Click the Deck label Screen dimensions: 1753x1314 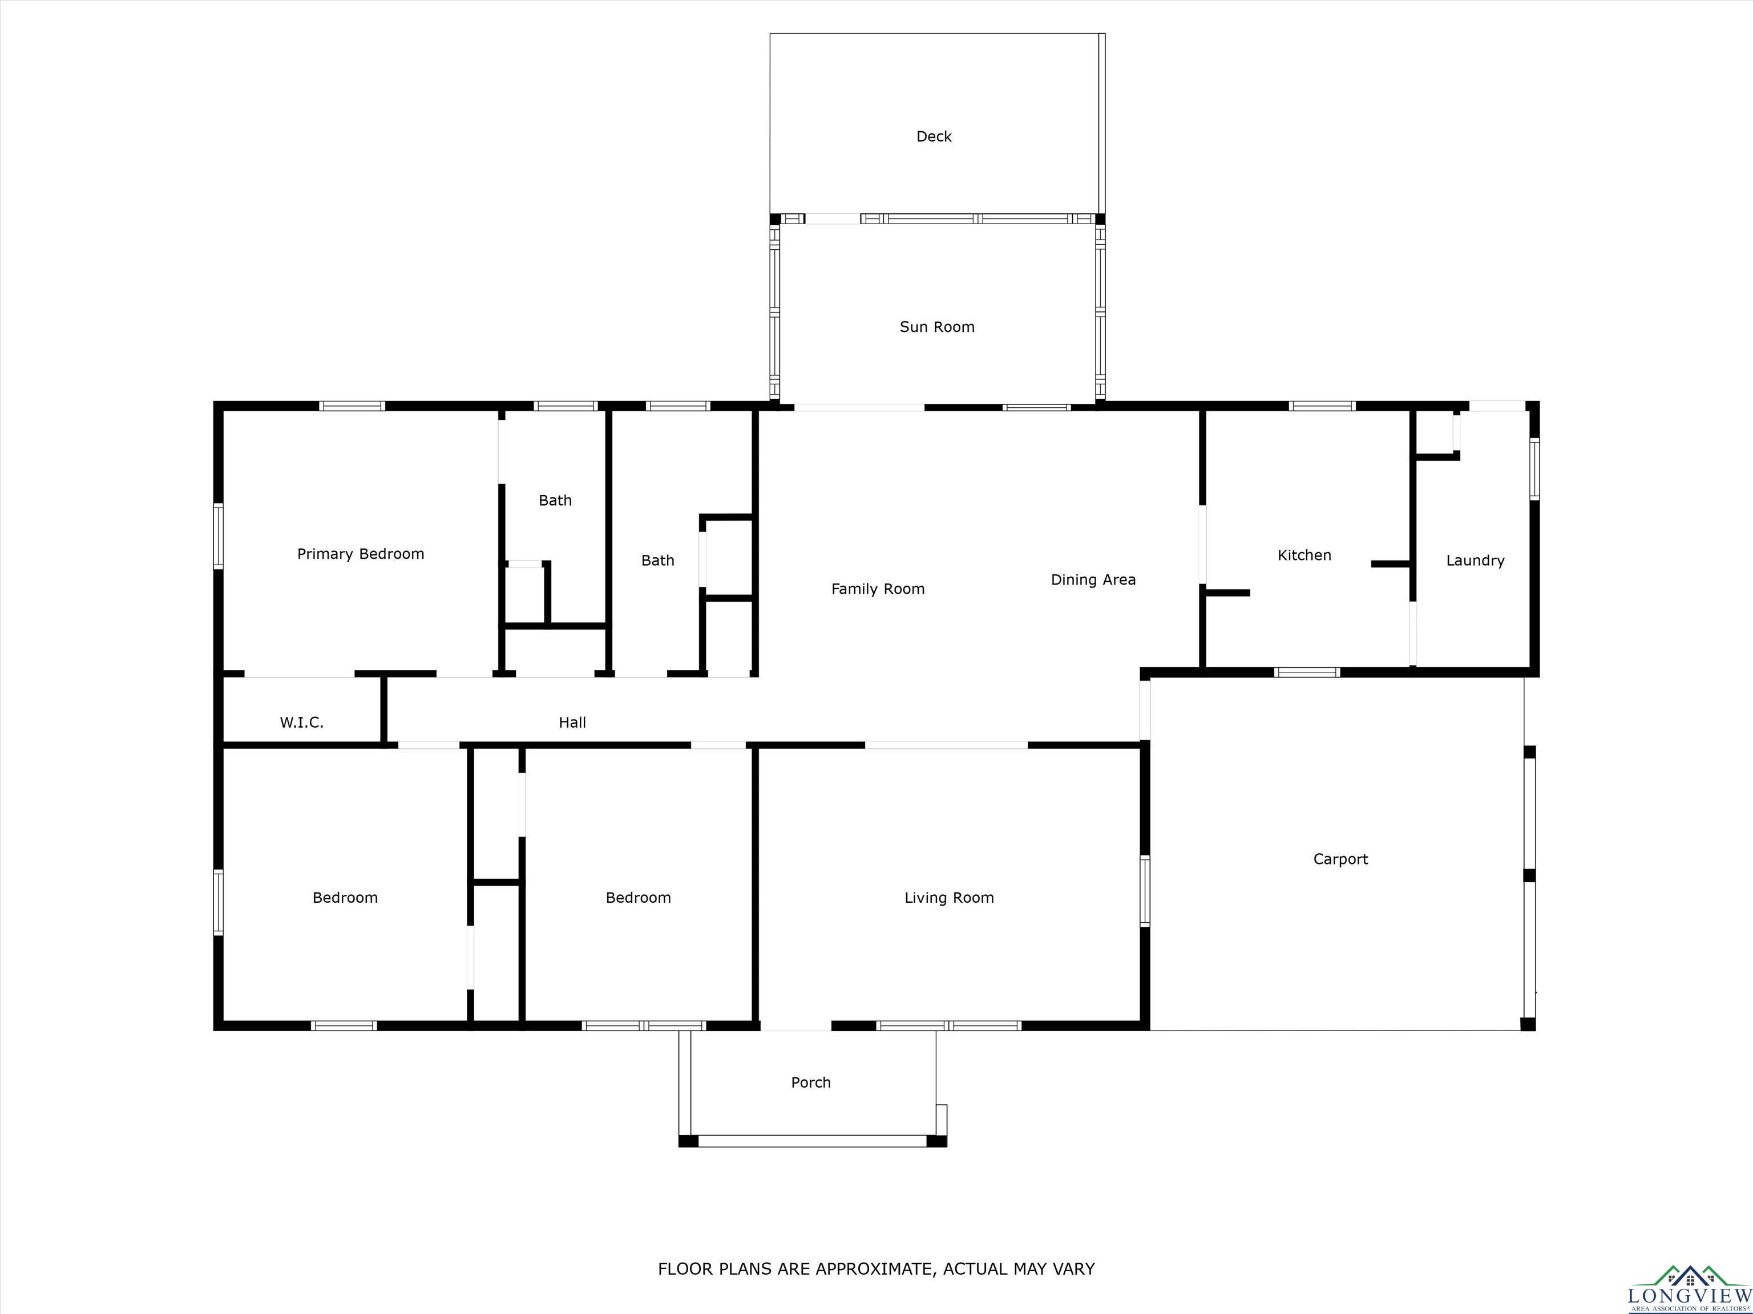point(934,136)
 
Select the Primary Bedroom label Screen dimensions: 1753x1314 point(361,554)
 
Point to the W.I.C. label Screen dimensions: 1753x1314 point(301,723)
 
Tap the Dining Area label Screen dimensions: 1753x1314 point(1093,580)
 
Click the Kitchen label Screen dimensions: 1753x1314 point(1304,555)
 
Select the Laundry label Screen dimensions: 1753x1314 point(1475,561)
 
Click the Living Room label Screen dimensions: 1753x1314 point(948,897)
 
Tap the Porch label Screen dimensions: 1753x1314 point(811,1082)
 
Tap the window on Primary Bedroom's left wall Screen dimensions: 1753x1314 point(218,536)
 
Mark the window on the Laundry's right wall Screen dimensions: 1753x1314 point(1534,469)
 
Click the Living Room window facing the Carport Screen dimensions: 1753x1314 point(1144,890)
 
